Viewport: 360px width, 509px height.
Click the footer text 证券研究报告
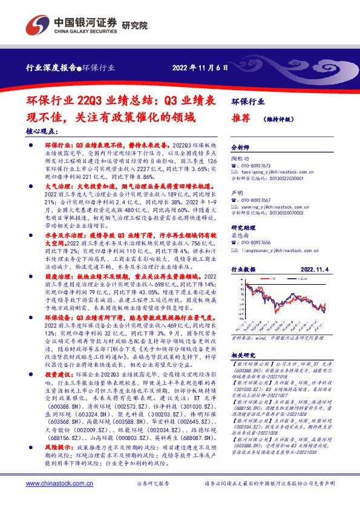[153, 484]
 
